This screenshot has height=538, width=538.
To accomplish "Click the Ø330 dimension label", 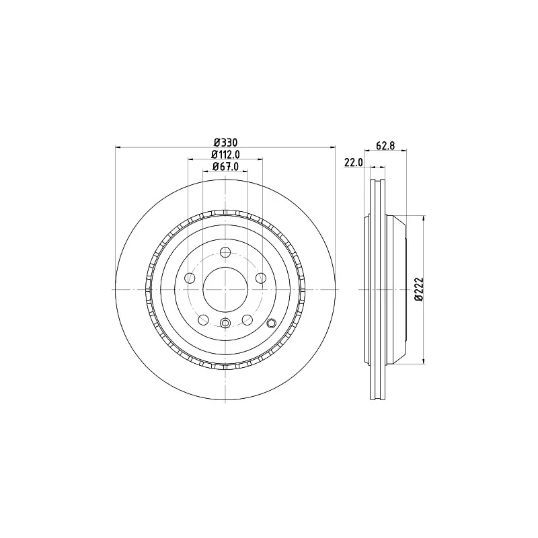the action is click(x=225, y=142).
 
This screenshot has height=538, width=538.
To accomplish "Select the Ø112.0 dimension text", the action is click(x=225, y=155).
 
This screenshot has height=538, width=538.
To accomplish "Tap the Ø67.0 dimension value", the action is click(x=225, y=167).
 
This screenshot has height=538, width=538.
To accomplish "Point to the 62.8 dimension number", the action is click(x=385, y=146).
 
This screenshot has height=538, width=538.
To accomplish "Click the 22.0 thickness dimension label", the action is click(x=354, y=162).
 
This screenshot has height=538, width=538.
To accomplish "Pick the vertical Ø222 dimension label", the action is click(x=419, y=289).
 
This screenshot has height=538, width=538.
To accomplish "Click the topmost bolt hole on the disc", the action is click(x=225, y=253).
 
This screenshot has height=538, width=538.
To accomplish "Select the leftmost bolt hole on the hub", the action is click(x=190, y=278).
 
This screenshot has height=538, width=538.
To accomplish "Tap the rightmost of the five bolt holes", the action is click(x=261, y=278).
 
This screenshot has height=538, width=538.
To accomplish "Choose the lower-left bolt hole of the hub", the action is click(x=204, y=320).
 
